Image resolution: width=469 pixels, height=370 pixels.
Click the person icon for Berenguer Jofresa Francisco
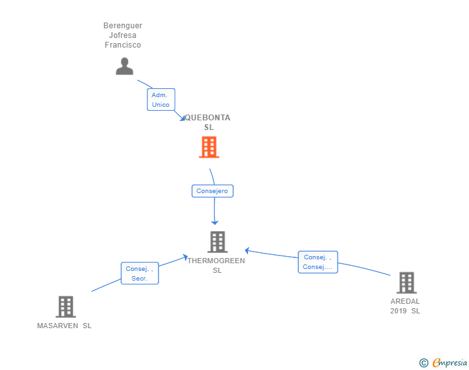pyautogui.click(x=124, y=66)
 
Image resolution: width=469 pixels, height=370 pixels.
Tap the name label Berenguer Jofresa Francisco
pyautogui.click(x=123, y=35)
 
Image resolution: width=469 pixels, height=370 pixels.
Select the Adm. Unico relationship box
pyautogui.click(x=160, y=100)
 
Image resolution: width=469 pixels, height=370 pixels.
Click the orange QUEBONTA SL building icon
pyautogui.click(x=209, y=147)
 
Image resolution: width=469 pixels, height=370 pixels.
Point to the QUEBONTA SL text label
pyautogui.click(x=208, y=122)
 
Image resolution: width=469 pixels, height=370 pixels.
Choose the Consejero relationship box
pyautogui.click(x=213, y=191)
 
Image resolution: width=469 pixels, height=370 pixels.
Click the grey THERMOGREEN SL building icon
pyautogui.click(x=217, y=242)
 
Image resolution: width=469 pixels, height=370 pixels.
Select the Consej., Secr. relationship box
pyautogui.click(x=139, y=273)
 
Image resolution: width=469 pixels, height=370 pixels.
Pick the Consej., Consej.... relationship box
pyautogui.click(x=318, y=262)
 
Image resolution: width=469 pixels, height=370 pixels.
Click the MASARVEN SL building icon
pyautogui.click(x=65, y=307)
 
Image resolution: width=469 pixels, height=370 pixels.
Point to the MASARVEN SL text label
pyautogui.click(x=64, y=326)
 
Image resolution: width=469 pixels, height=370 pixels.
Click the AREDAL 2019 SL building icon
pyautogui.click(x=406, y=282)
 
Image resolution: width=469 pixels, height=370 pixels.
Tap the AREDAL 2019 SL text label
pyautogui.click(x=405, y=306)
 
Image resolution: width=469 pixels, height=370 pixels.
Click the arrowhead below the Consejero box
pyautogui.click(x=215, y=222)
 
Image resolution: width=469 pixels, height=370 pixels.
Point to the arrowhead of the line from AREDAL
pyautogui.click(x=247, y=250)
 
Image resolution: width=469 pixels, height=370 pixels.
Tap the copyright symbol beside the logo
pyautogui.click(x=423, y=364)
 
